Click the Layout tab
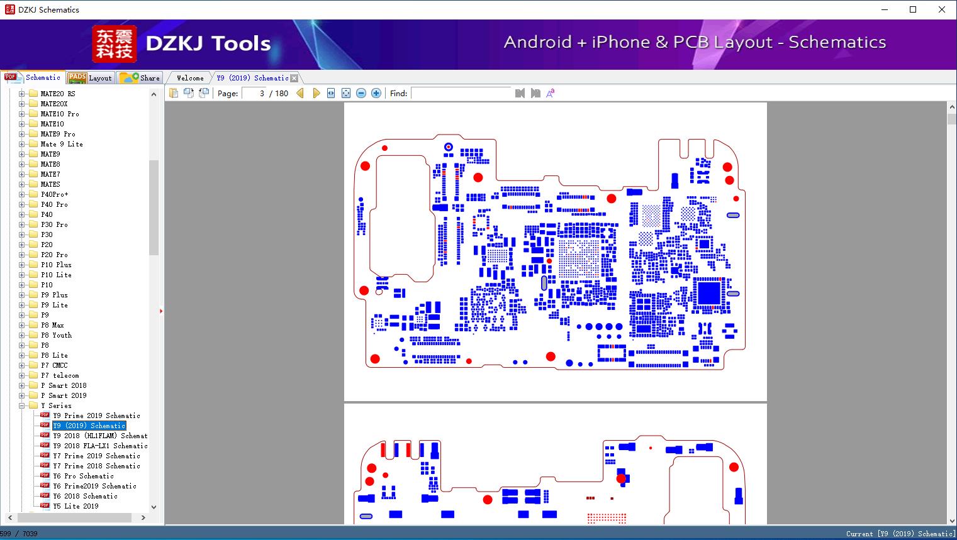point(91,78)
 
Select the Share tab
point(140,78)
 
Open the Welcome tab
point(190,78)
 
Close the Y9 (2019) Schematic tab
point(294,78)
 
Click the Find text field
point(461,93)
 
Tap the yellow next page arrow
point(316,93)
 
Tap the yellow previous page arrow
point(300,93)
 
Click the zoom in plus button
point(376,93)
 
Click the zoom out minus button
point(361,93)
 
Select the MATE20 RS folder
point(58,94)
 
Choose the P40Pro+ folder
point(54,194)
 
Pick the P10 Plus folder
point(56,265)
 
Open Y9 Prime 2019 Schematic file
point(96,416)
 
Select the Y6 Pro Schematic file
point(83,476)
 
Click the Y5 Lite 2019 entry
point(76,506)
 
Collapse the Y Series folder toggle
point(21,405)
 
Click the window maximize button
point(913,9)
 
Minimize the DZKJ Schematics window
point(885,9)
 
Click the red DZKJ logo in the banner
point(114,43)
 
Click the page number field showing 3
point(255,93)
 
